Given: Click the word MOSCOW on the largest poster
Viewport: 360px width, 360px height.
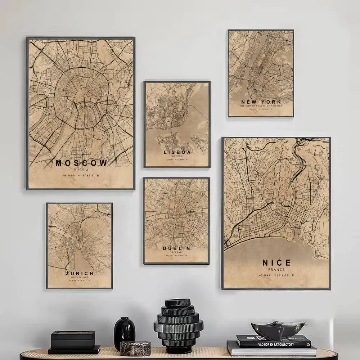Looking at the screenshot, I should pyautogui.click(x=81, y=163).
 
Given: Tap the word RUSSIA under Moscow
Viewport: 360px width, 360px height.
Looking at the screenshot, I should pyautogui.click(x=81, y=170).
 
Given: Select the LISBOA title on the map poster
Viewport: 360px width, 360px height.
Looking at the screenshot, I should pyautogui.click(x=177, y=152).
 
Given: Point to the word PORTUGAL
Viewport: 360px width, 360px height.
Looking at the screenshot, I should pyautogui.click(x=177, y=157).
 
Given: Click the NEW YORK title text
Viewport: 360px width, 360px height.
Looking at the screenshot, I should pyautogui.click(x=261, y=102).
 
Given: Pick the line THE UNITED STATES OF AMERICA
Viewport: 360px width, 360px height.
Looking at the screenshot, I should pyautogui.click(x=261, y=106).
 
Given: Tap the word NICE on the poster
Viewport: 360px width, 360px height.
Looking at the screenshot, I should pyautogui.click(x=276, y=262).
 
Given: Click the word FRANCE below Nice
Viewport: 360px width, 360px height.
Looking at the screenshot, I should pyautogui.click(x=276, y=269).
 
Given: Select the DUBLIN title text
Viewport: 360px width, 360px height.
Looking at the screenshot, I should pyautogui.click(x=176, y=248).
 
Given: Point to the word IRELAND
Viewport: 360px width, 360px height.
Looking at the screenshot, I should pyautogui.click(x=176, y=252).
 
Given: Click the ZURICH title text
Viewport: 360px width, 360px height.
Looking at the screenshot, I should pyautogui.click(x=80, y=274).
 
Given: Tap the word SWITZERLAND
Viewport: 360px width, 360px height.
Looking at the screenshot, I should pyautogui.click(x=80, y=277).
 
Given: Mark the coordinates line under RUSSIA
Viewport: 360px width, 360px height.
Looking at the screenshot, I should pyautogui.click(x=81, y=176).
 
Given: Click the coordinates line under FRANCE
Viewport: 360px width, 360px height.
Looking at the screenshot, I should pyautogui.click(x=276, y=275).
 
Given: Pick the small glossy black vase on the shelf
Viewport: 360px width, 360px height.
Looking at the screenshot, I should pyautogui.click(x=125, y=333).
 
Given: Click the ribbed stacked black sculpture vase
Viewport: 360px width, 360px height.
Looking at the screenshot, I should pyautogui.click(x=178, y=324).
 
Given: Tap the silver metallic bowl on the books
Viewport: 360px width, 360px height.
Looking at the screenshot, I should pyautogui.click(x=278, y=328).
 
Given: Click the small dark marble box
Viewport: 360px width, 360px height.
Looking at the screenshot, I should pyautogui.click(x=135, y=348).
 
